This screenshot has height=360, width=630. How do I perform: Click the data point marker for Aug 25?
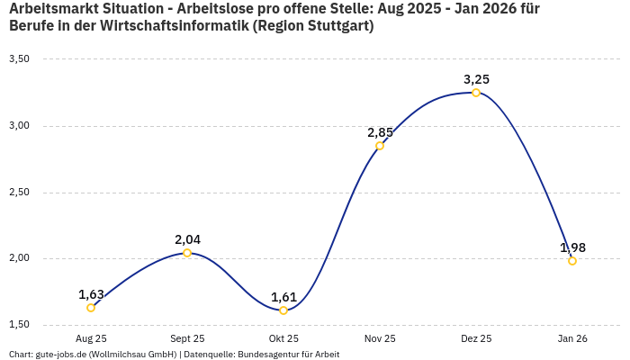click(x=91, y=308)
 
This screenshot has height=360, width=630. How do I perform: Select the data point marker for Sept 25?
click(x=187, y=253)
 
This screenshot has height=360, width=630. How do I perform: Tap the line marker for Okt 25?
click(x=283, y=310)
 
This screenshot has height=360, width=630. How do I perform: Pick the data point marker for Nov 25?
click(x=380, y=146)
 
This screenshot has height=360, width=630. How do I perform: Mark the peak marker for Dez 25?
click(x=476, y=93)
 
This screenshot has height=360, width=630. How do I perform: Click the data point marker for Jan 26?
click(x=572, y=261)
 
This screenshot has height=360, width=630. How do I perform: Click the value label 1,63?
click(x=91, y=294)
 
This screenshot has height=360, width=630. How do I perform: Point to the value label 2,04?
click(x=187, y=239)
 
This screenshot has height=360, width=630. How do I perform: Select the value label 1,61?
click(x=283, y=297)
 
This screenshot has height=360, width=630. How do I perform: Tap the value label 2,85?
click(x=380, y=132)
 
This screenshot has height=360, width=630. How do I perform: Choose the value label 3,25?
click(x=476, y=79)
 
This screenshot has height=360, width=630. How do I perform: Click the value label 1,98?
click(x=572, y=247)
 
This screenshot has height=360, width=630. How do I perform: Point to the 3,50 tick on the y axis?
click(x=19, y=59)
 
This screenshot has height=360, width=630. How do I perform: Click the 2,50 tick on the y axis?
click(x=19, y=193)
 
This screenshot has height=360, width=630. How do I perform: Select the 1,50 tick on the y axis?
click(x=19, y=325)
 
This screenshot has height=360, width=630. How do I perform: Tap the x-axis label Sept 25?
click(x=187, y=338)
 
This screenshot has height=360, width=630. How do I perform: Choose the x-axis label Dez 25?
click(x=476, y=338)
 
